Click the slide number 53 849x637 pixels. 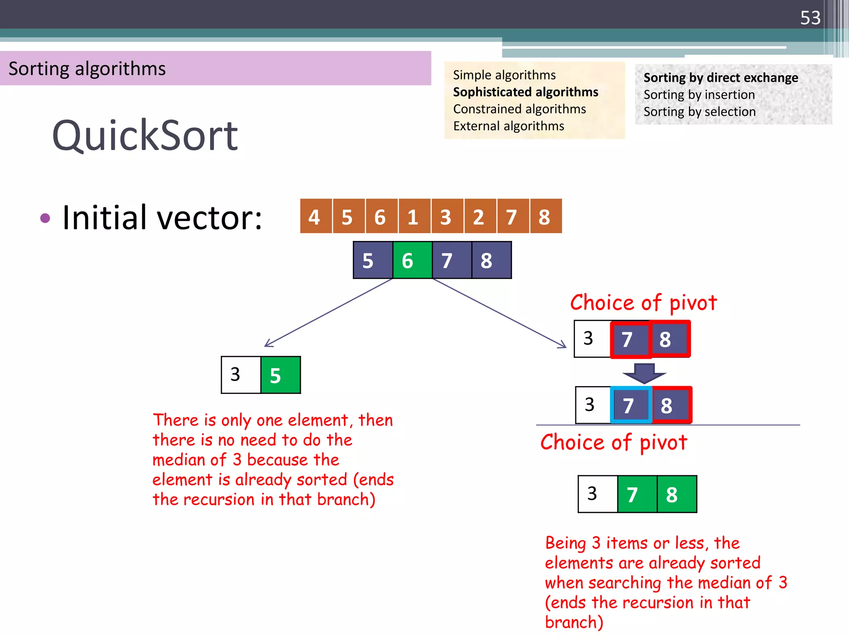coord(810,18)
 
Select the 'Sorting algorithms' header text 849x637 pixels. coord(87,68)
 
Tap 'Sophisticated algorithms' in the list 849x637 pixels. coord(525,92)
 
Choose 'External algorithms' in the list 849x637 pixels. coord(508,126)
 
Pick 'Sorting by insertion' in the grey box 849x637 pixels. coord(699,95)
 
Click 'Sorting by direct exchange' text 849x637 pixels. coord(720,78)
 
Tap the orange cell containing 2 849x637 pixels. coord(480,216)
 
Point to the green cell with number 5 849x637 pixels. coord(280,375)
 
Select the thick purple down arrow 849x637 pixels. coord(644,373)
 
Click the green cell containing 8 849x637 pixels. coord(676,494)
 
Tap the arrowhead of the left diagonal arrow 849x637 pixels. coord(267,345)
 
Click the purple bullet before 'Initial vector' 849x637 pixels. coord(45,218)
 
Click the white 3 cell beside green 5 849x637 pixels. coord(241,375)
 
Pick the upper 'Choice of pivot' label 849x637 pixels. coord(643,302)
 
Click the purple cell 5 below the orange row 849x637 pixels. coord(372,260)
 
